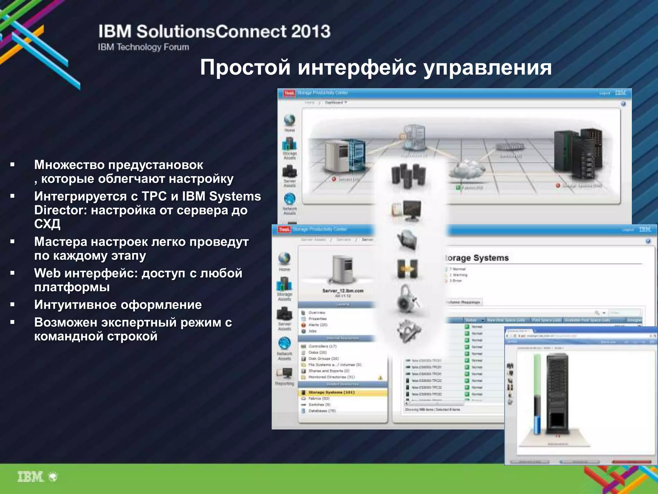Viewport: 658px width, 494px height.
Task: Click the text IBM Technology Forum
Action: [143, 47]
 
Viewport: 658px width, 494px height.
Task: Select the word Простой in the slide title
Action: [245, 68]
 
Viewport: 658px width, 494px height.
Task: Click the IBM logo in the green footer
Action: [31, 477]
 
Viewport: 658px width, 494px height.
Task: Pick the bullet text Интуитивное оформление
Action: [118, 305]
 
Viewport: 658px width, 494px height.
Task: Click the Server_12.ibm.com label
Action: [343, 291]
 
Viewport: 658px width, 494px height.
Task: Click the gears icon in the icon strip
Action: [408, 331]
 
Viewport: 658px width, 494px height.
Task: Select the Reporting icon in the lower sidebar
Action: [284, 375]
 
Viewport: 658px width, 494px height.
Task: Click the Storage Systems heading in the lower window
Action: [477, 258]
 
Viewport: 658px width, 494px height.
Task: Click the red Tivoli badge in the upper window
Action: [289, 93]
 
